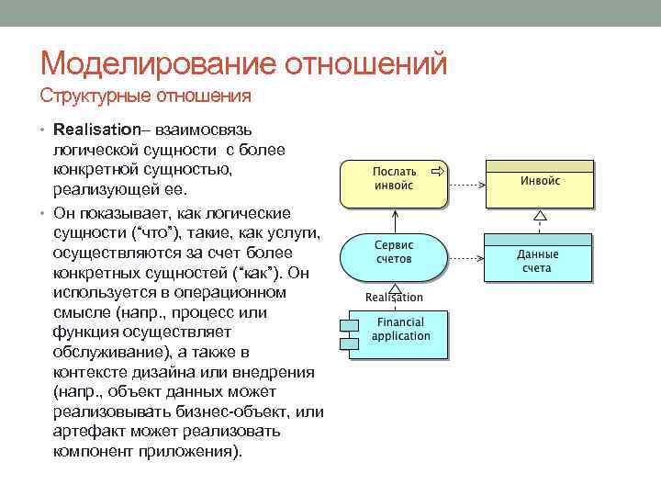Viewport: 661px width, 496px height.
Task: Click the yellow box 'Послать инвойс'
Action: click(x=394, y=184)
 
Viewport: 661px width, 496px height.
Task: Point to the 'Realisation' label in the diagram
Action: click(x=394, y=297)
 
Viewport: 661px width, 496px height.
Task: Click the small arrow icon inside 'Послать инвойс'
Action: click(x=437, y=171)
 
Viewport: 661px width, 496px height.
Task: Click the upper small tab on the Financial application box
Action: click(x=348, y=323)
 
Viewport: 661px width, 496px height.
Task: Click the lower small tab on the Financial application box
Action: click(x=348, y=344)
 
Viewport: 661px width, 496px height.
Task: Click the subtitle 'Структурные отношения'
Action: click(x=146, y=96)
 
